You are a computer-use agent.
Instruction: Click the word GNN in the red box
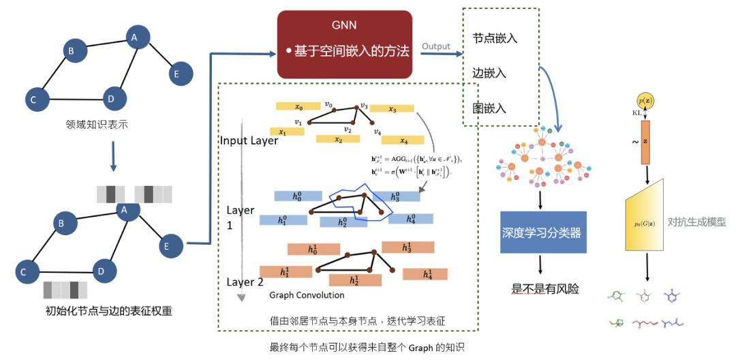343,25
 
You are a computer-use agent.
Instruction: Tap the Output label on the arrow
435,46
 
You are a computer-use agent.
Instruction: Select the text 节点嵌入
495,38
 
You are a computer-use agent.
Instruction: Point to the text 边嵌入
489,73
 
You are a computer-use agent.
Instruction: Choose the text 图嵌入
489,108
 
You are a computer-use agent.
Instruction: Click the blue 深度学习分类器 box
542,232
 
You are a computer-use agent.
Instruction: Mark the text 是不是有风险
545,288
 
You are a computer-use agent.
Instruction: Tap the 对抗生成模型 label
696,222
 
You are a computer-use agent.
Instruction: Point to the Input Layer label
249,140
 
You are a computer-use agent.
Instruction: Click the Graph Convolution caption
307,295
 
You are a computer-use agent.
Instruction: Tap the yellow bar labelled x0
298,106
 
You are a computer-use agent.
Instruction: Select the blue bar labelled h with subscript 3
396,196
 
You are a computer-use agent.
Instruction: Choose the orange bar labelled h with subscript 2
354,280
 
